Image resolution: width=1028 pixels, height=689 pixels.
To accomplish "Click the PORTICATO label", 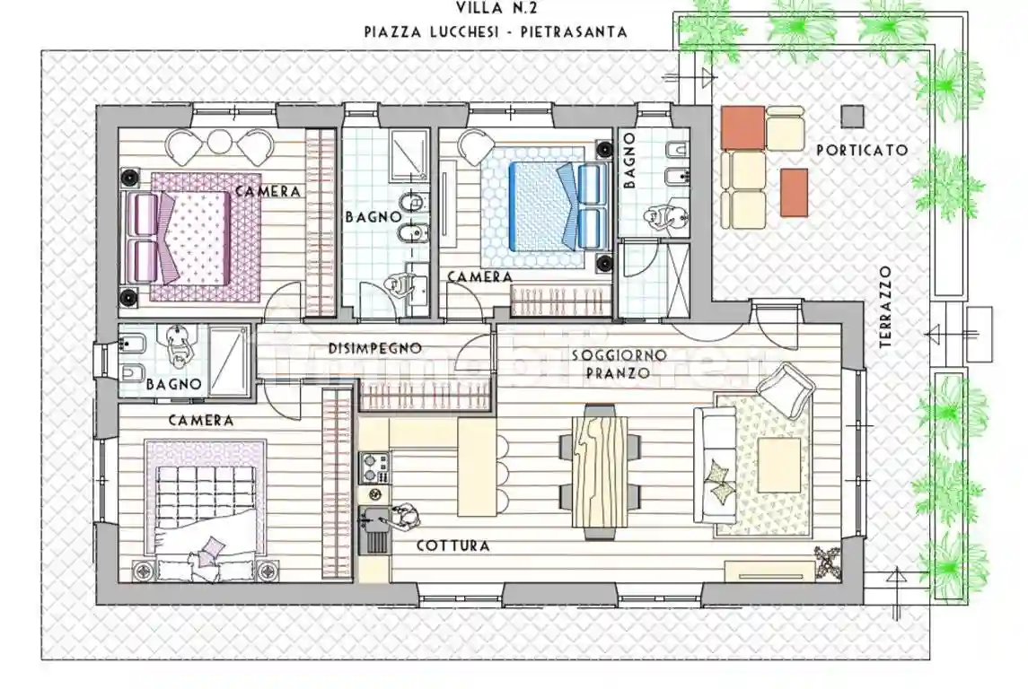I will (x=861, y=151).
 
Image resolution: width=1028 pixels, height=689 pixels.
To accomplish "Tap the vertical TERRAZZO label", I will (x=885, y=307).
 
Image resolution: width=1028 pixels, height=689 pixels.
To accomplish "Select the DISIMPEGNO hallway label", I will (x=374, y=348).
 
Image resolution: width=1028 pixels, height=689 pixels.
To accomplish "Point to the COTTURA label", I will (x=452, y=545).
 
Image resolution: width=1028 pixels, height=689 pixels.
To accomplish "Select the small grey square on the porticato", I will (x=853, y=116).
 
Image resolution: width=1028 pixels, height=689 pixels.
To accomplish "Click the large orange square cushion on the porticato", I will (x=742, y=127).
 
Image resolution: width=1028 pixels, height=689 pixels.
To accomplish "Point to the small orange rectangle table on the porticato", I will (x=793, y=192).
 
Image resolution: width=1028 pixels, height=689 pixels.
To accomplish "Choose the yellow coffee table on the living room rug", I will (x=779, y=464).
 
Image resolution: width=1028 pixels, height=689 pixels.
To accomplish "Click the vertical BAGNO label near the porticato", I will (x=629, y=161).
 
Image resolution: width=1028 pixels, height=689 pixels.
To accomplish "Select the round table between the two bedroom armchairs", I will (x=221, y=143).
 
